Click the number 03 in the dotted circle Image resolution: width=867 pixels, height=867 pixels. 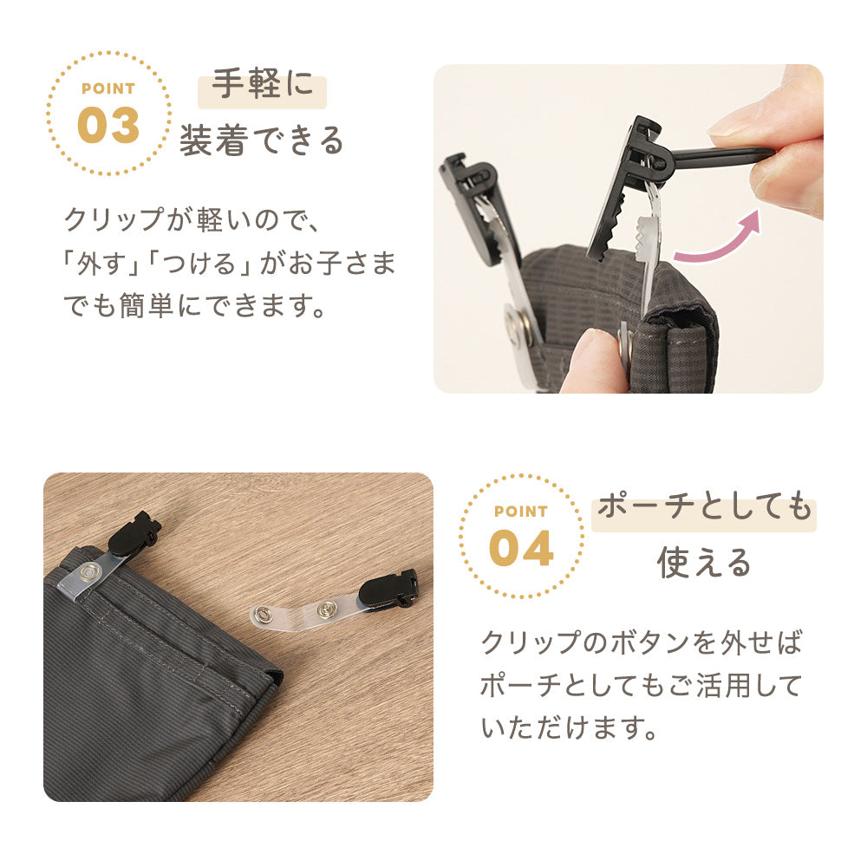point(108,125)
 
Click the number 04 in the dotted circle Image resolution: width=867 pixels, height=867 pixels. point(521,547)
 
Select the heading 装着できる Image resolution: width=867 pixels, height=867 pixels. point(261,140)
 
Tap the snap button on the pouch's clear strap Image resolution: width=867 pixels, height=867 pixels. point(89,572)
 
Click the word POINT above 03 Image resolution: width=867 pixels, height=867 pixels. point(108,88)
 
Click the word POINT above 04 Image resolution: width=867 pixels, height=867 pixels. point(521,512)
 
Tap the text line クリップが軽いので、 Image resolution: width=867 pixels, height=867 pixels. point(192,218)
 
